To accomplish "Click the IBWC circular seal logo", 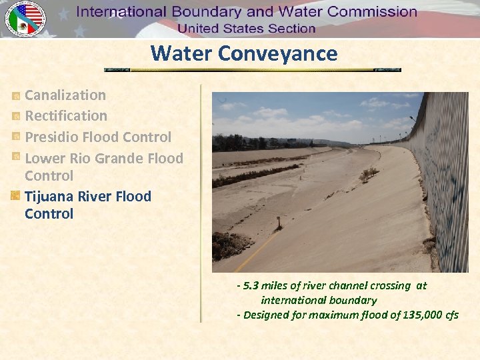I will (x=25, y=19).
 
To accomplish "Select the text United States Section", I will (x=246, y=28).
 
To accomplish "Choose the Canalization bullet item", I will (x=65, y=95).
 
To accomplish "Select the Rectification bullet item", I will (x=66, y=116).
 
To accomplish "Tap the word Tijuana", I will (x=49, y=196).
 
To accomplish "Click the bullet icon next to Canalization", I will (x=16, y=96).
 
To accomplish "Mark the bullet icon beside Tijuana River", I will (x=16, y=197).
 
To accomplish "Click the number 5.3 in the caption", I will (x=251, y=286).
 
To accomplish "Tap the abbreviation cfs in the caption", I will (x=451, y=315).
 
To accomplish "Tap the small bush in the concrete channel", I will (x=368, y=175).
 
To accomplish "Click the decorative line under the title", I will (x=253, y=69).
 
